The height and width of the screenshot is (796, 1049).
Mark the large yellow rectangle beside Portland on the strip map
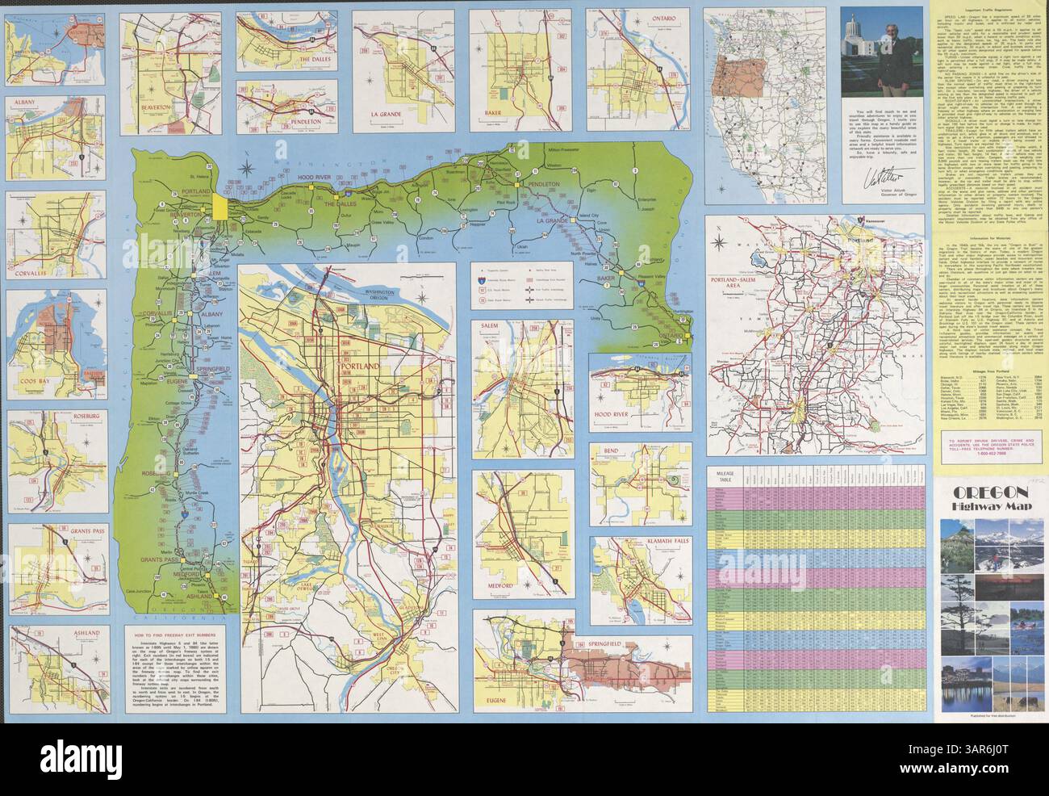point(220,206)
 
